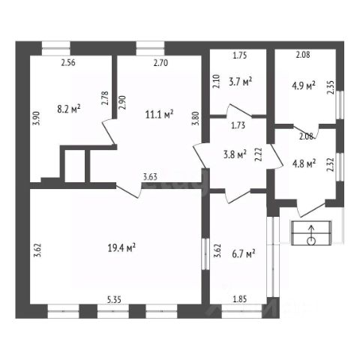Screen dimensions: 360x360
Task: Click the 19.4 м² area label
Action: click(121, 248)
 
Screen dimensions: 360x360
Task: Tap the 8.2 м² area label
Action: click(69, 109)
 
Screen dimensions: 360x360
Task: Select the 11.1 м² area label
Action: click(160, 115)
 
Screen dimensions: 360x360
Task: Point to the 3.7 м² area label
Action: click(240, 82)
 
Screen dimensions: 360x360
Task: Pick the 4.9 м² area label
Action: click(304, 85)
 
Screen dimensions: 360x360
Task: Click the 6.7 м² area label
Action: click(244, 254)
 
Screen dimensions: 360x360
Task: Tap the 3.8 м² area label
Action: click(235, 154)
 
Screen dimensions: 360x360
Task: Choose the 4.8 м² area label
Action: click(304, 163)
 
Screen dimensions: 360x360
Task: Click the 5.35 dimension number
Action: click(115, 299)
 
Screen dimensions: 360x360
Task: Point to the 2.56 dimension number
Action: click(68, 62)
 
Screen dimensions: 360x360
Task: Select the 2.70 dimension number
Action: click(160, 63)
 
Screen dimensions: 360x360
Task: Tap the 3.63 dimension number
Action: click(150, 177)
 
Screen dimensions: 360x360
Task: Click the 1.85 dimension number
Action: click(240, 298)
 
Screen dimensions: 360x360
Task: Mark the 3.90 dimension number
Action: click(37, 118)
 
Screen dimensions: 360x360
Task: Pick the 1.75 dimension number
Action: click(240, 55)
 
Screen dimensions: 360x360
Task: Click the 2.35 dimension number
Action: click(331, 87)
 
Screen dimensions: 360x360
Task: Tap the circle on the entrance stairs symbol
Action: click(311, 241)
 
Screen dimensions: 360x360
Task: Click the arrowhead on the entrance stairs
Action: click(311, 227)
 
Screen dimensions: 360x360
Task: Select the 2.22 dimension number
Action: click(258, 154)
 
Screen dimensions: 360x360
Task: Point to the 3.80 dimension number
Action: click(195, 118)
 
